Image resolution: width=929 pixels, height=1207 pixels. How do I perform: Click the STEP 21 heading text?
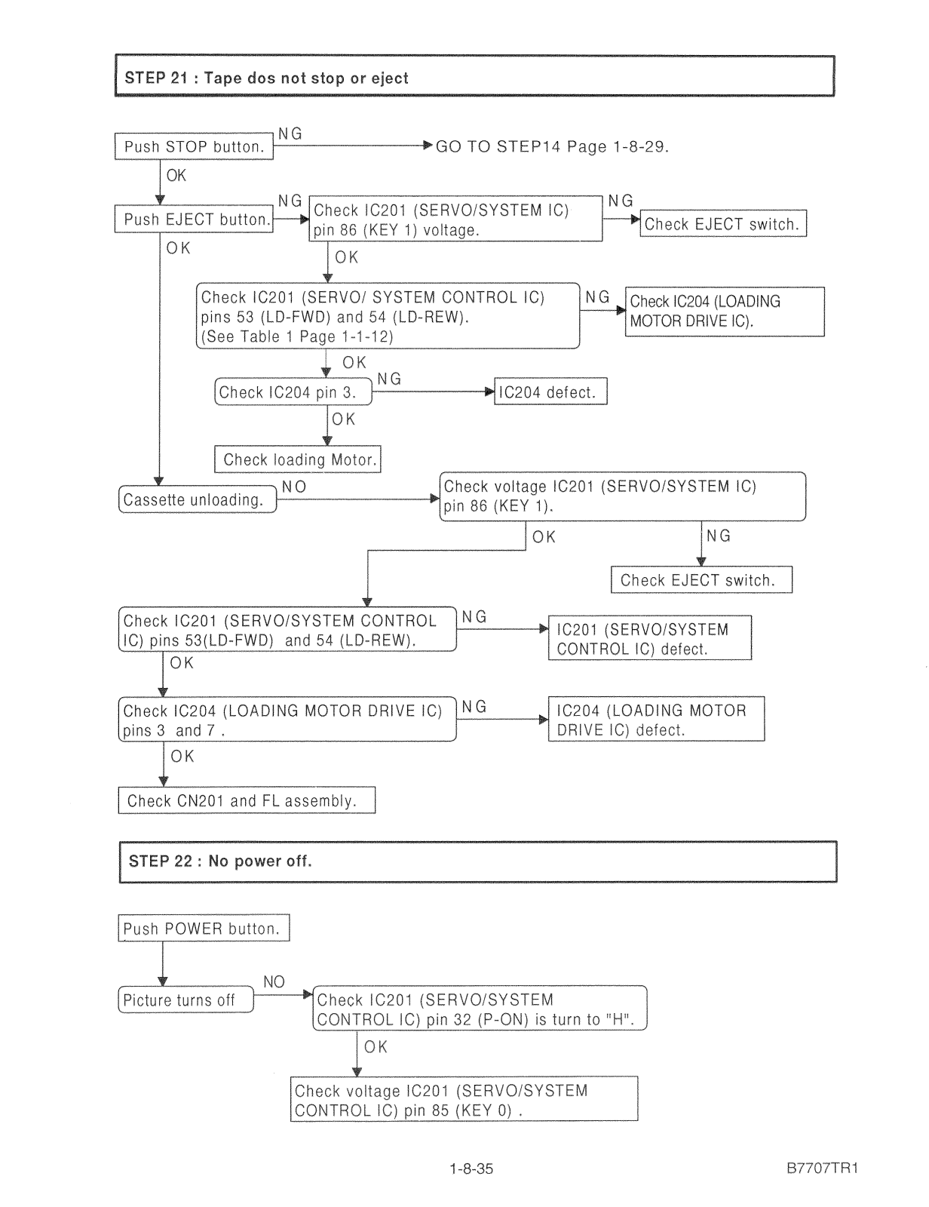click(x=266, y=78)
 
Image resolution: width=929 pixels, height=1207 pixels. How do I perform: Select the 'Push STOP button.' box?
click(x=194, y=146)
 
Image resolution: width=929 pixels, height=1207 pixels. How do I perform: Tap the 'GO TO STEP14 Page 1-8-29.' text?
click(x=552, y=146)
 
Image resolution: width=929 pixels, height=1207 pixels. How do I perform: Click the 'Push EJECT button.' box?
click(x=194, y=219)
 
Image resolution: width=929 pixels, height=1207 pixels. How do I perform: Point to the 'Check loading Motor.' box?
click(x=297, y=459)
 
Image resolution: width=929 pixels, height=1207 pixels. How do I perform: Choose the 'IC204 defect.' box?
click(x=550, y=392)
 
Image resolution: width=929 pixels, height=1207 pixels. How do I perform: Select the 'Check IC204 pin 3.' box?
click(x=293, y=392)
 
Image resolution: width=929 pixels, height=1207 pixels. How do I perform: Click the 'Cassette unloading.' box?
click(x=198, y=499)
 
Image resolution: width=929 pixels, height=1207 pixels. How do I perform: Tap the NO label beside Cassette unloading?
click(x=294, y=487)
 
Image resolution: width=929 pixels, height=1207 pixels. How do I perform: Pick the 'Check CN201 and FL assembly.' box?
click(x=247, y=800)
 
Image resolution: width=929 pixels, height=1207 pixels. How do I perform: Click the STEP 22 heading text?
click(x=220, y=861)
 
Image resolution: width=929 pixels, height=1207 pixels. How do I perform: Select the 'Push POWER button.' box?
click(x=204, y=928)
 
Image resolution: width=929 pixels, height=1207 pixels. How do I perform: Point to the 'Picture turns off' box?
click(x=186, y=1000)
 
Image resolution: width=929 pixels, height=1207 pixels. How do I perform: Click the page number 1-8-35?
click(x=471, y=1169)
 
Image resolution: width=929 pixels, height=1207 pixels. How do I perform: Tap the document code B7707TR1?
click(x=823, y=1168)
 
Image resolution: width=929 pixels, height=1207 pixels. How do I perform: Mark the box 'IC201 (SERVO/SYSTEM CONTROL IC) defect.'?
click(x=650, y=637)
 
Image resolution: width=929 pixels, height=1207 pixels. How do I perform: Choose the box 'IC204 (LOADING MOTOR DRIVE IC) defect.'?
click(x=657, y=719)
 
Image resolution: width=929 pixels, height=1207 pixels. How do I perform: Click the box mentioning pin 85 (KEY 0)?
click(x=464, y=1099)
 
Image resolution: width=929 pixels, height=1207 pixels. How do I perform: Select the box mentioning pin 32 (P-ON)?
click(x=480, y=1009)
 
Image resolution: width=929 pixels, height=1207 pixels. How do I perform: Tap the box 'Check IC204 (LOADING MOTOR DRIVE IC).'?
click(x=725, y=312)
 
